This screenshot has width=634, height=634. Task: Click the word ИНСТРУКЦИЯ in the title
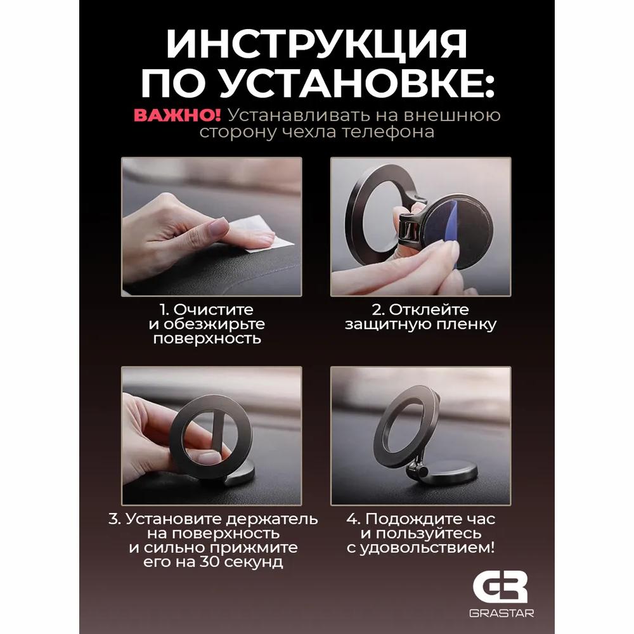[x=316, y=46]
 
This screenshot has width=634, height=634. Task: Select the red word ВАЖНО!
[x=177, y=115]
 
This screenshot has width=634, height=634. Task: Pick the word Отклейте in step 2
[x=429, y=310]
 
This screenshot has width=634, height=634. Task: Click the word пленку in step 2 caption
[x=468, y=325]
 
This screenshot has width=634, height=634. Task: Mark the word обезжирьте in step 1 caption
[x=216, y=325]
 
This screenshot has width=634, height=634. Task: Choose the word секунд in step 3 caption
[x=259, y=562]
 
